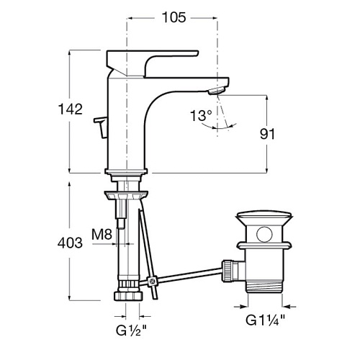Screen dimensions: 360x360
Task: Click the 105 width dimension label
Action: (x=174, y=17)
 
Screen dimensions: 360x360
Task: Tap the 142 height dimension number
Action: (x=71, y=109)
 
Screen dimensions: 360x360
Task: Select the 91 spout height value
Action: (x=267, y=134)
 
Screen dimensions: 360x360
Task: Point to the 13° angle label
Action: (x=201, y=115)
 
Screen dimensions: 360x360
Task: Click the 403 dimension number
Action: (x=70, y=243)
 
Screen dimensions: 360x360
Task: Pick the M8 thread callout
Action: (x=102, y=234)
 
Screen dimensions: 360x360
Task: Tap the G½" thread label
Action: (x=131, y=330)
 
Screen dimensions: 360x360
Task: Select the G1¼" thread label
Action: (x=265, y=320)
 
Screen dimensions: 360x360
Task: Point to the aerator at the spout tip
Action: (x=217, y=91)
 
